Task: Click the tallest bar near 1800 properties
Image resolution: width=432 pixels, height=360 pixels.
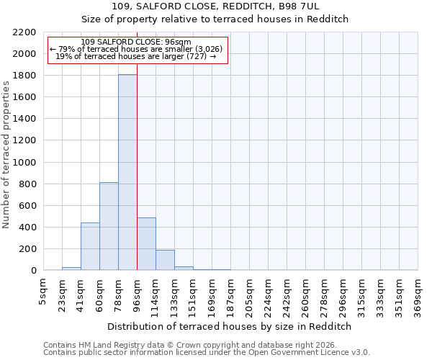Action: [x=127, y=173]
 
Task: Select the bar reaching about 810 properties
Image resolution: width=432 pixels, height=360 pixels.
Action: [x=109, y=226]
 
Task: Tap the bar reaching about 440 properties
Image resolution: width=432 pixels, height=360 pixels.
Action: [x=90, y=246]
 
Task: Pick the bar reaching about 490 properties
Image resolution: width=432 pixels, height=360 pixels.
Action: [x=146, y=243]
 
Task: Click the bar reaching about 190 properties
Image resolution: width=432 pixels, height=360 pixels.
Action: [x=165, y=260]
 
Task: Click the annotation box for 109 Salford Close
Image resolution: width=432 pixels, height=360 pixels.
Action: [x=137, y=50]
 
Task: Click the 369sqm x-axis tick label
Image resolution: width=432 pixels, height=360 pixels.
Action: [x=418, y=294]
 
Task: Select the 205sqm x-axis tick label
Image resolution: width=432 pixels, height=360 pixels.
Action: [x=249, y=294]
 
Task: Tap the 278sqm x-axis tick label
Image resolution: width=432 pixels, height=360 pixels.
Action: [x=324, y=294]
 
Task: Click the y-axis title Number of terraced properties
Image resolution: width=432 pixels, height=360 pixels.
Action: [x=6, y=155]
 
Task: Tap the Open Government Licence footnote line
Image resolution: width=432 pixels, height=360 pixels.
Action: [x=207, y=352]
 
